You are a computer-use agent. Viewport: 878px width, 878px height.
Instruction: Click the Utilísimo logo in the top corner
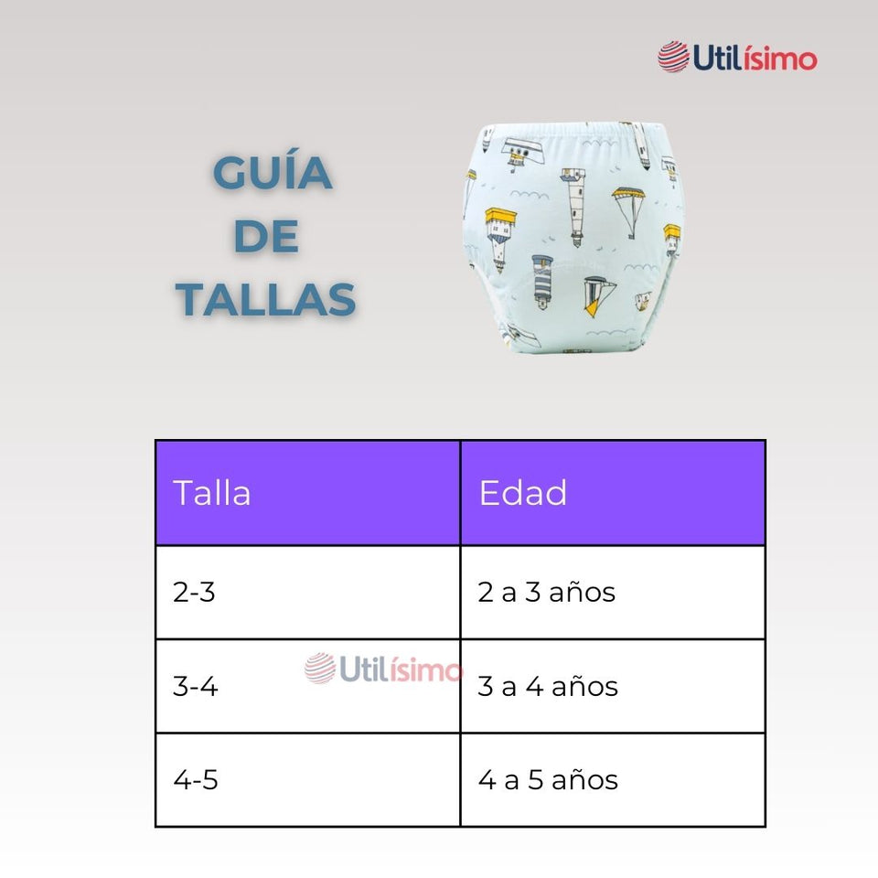pos(737,58)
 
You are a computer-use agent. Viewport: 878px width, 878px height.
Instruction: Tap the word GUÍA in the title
pos(272,174)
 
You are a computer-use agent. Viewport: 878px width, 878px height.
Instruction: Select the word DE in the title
pos(266,237)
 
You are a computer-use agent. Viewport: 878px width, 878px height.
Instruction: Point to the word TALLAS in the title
pos(266,300)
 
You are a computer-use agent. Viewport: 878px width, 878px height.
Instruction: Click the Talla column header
pos(212,493)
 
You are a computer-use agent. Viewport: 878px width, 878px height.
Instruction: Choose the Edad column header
pos(523,493)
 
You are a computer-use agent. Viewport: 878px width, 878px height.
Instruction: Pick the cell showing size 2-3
pos(194,592)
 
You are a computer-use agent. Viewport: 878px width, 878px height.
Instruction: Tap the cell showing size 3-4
pos(196,686)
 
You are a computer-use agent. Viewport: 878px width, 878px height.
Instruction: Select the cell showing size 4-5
pos(196,780)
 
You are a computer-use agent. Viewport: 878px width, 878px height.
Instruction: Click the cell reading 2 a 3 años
pos(547,592)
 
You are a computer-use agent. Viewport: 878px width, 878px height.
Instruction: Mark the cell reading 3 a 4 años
pos(548,686)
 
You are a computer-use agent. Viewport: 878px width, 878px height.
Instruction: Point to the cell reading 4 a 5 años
pos(548,780)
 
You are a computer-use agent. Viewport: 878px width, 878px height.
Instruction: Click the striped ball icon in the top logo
pos(673,57)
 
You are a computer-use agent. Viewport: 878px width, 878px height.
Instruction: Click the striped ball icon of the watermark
pos(320,669)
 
